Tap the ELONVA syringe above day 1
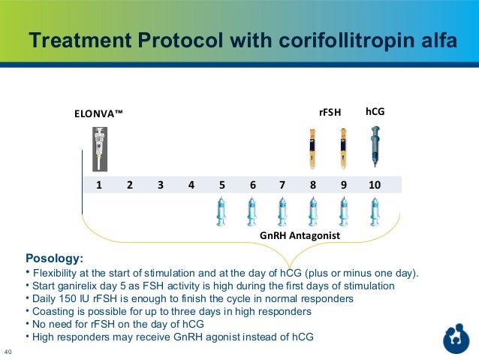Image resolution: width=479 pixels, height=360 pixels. (x=98, y=149)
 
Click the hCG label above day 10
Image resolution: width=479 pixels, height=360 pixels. (x=374, y=112)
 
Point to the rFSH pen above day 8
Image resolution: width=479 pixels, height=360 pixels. (x=312, y=149)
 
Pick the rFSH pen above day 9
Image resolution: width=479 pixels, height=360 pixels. (x=343, y=149)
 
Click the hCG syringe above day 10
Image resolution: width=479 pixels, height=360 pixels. (x=374, y=146)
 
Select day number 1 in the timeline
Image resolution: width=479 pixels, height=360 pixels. (x=98, y=184)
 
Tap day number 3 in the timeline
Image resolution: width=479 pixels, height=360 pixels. (x=160, y=184)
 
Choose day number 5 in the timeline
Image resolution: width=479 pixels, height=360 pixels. (x=221, y=184)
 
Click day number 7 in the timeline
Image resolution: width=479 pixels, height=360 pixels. (x=282, y=184)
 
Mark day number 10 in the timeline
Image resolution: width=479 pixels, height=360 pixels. (x=374, y=184)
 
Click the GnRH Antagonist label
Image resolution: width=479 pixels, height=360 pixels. (x=300, y=236)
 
